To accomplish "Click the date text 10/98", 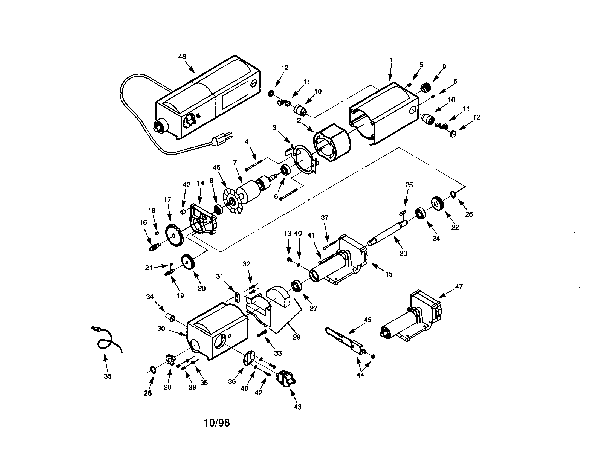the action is [216, 423].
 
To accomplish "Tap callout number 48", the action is [182, 57].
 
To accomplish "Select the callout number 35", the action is [108, 376].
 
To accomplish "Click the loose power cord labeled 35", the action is [106, 340].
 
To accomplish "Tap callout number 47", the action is [459, 287].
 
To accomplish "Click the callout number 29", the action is [297, 337].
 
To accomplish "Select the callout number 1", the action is [392, 60].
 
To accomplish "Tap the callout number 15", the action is [389, 274].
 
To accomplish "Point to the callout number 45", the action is [368, 320].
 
